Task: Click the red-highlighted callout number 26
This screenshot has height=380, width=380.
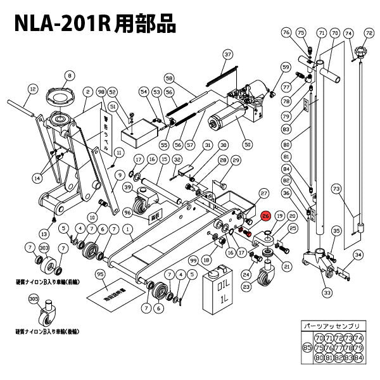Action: click(266, 216)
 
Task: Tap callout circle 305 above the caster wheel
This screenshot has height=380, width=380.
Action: click(34, 298)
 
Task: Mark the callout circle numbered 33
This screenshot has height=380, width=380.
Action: click(327, 293)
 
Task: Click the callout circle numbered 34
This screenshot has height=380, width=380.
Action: click(358, 255)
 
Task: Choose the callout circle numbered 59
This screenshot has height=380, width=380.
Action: click(286, 66)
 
